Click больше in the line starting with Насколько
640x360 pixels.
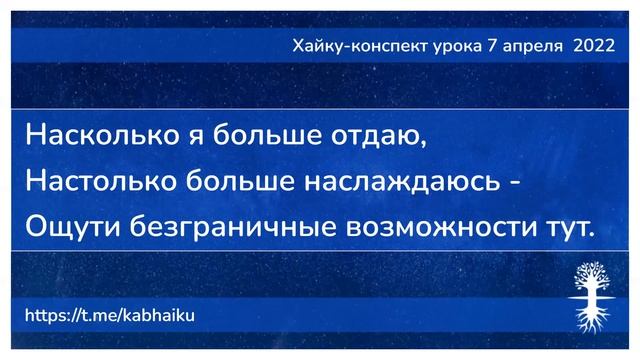pos(254,136)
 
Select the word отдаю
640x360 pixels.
pos(372,136)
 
